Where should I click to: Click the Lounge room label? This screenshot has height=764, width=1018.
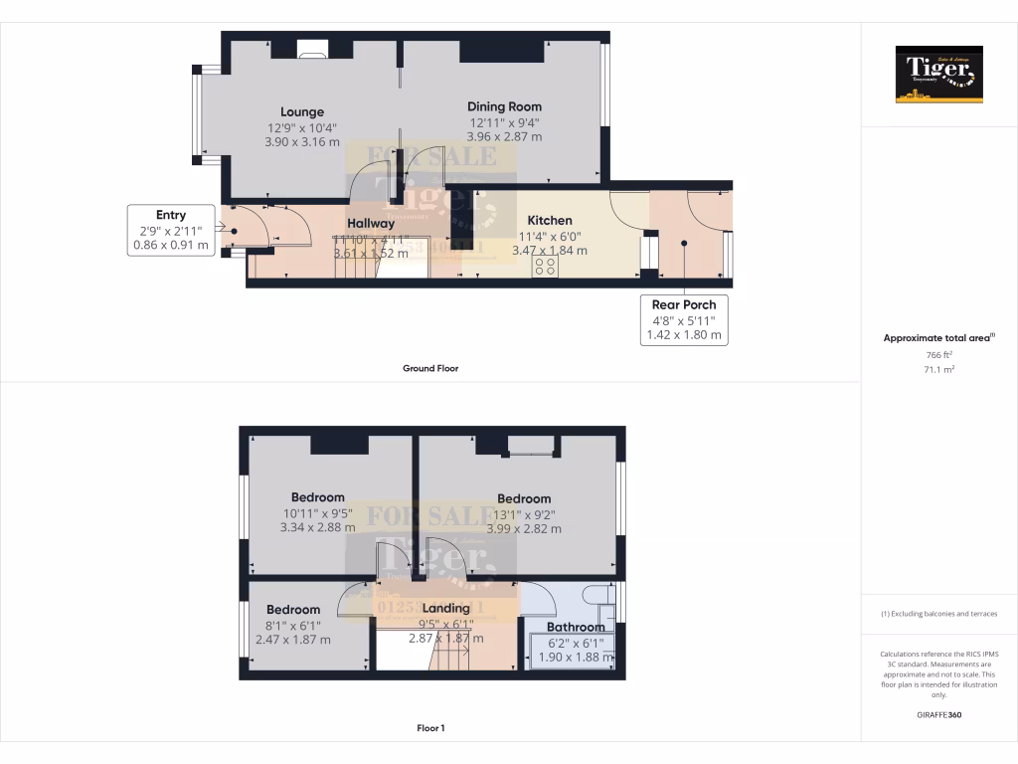tap(301, 112)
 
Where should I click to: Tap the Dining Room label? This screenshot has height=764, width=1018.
tap(505, 106)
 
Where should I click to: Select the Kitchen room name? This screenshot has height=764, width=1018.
tap(549, 221)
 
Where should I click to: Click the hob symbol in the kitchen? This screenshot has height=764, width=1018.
tap(545, 268)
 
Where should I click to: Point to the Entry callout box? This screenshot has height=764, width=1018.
tap(171, 230)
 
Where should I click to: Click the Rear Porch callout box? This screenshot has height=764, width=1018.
tap(684, 320)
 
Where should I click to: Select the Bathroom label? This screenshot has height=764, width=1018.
tap(576, 628)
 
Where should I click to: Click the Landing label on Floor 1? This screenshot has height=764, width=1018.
tap(445, 608)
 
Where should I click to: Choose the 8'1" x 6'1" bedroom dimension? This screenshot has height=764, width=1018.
tap(293, 625)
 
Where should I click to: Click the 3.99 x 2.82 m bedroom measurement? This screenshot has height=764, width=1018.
tap(524, 529)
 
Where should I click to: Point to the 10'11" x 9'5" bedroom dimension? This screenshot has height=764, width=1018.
tap(317, 513)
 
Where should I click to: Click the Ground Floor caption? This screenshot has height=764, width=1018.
tap(430, 368)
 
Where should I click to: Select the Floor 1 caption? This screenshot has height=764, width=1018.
tap(430, 728)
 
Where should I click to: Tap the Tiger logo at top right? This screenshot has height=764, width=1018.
tap(938, 75)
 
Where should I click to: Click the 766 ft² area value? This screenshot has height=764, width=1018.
tap(938, 355)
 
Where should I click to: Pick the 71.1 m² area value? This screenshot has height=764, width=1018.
tap(938, 368)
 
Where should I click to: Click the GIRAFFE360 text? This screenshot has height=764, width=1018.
tap(938, 714)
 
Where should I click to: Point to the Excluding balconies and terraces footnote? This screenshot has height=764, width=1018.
tap(938, 614)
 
